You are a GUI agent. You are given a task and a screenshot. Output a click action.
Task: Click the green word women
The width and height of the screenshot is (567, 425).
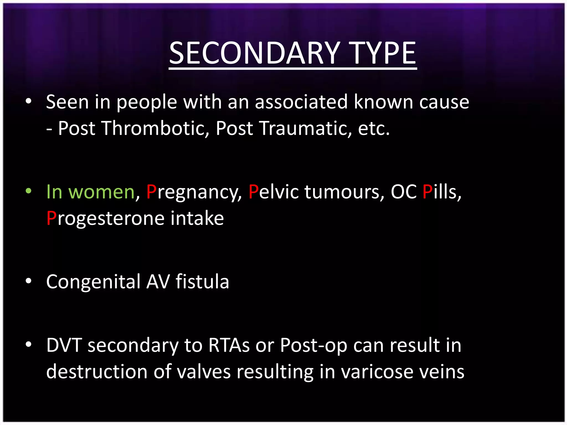click(101, 192)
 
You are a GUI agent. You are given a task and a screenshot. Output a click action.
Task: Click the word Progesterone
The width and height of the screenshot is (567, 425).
click(105, 219)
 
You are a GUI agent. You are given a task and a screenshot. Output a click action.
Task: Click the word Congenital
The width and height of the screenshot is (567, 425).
click(93, 282)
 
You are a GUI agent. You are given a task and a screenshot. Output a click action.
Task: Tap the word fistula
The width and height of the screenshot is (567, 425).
click(202, 281)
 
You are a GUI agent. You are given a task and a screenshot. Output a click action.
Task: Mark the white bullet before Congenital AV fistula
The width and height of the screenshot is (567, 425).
click(28, 281)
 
